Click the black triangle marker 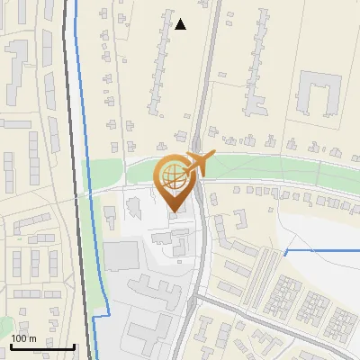tap(181, 24)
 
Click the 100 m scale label tap(24, 338)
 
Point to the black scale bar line tap(42, 346)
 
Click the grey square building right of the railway tap(121, 256)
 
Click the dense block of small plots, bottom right tap(306, 306)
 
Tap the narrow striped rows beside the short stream tap(269, 270)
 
